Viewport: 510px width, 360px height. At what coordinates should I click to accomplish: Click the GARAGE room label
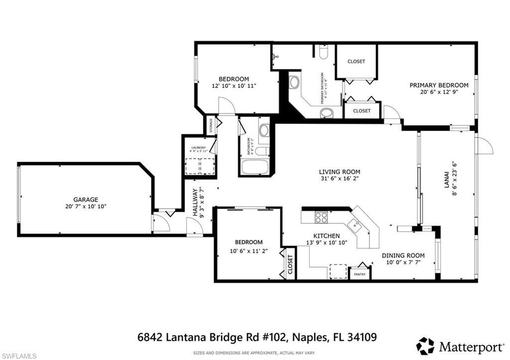(86, 199)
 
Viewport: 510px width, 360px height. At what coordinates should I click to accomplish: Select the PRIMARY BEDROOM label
(439, 85)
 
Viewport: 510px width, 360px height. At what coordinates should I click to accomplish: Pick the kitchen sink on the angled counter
(355, 225)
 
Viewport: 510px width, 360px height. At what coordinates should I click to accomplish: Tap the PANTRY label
(360, 274)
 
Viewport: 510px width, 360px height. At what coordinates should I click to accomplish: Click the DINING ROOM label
(403, 255)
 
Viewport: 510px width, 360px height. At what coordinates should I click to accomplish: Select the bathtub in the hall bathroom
(255, 166)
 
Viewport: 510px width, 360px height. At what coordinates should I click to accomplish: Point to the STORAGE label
(211, 125)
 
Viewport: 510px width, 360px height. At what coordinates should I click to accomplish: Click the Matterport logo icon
(425, 346)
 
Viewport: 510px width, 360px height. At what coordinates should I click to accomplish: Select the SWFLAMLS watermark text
(19, 356)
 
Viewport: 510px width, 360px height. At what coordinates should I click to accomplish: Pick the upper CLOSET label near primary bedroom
(356, 61)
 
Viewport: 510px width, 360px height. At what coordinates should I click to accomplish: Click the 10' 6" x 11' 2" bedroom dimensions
(249, 251)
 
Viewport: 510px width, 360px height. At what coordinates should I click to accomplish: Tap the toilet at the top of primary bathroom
(323, 53)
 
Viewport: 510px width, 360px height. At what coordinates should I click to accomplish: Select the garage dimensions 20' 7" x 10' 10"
(86, 206)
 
